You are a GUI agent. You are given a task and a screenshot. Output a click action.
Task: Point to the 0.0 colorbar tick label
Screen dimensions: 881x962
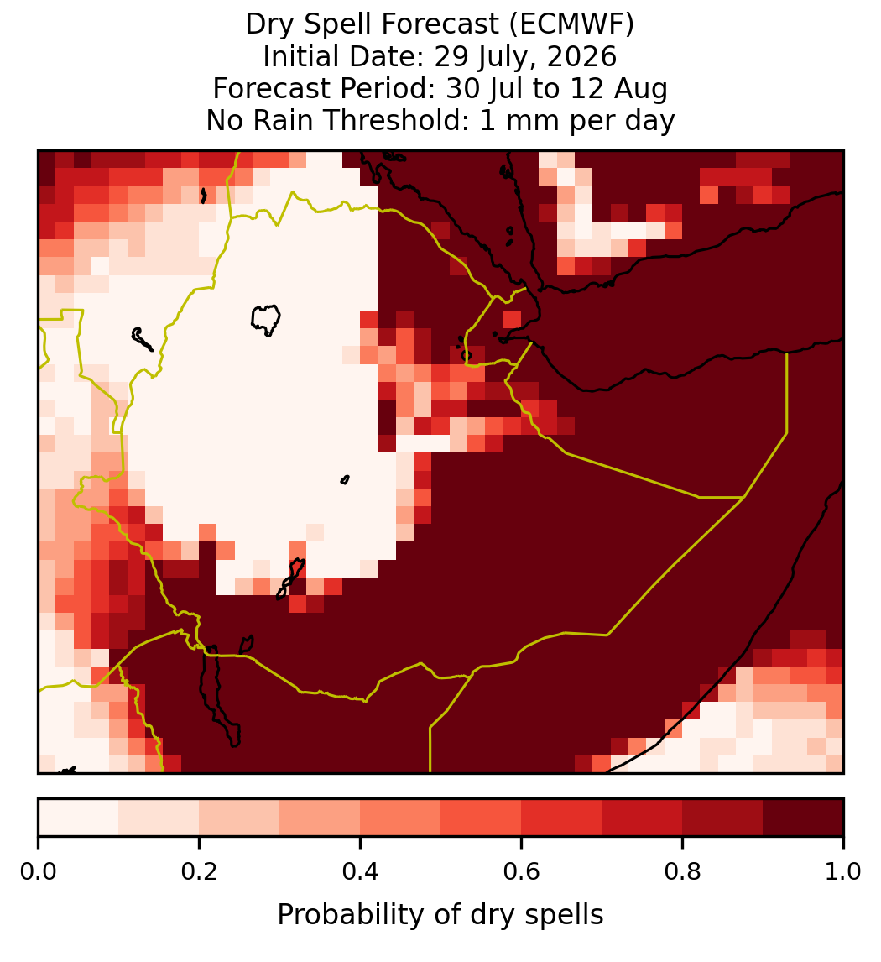pos(39,872)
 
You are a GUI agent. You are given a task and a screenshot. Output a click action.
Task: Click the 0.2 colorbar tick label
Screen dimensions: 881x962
pos(199,872)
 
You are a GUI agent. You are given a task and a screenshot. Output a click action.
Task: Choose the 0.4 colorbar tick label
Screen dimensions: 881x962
pos(361,872)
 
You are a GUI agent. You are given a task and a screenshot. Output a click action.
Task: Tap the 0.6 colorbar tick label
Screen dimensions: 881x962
pos(522,872)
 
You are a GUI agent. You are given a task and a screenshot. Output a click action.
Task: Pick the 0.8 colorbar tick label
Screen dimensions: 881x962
pos(683,872)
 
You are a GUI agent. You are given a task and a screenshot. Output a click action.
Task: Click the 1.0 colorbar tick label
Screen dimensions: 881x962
pos(843,872)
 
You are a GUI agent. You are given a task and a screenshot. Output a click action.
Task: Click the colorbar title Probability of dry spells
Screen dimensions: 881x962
pos(440,915)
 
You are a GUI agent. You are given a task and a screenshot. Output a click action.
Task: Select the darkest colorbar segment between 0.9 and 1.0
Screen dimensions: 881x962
pos(804,818)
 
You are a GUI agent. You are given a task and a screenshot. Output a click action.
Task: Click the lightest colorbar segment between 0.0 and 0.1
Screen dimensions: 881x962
pos(79,818)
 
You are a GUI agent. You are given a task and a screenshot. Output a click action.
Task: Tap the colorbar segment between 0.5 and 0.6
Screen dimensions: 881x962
pos(482,818)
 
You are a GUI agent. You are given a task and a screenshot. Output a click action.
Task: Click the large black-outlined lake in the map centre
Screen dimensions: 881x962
pos(265,320)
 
